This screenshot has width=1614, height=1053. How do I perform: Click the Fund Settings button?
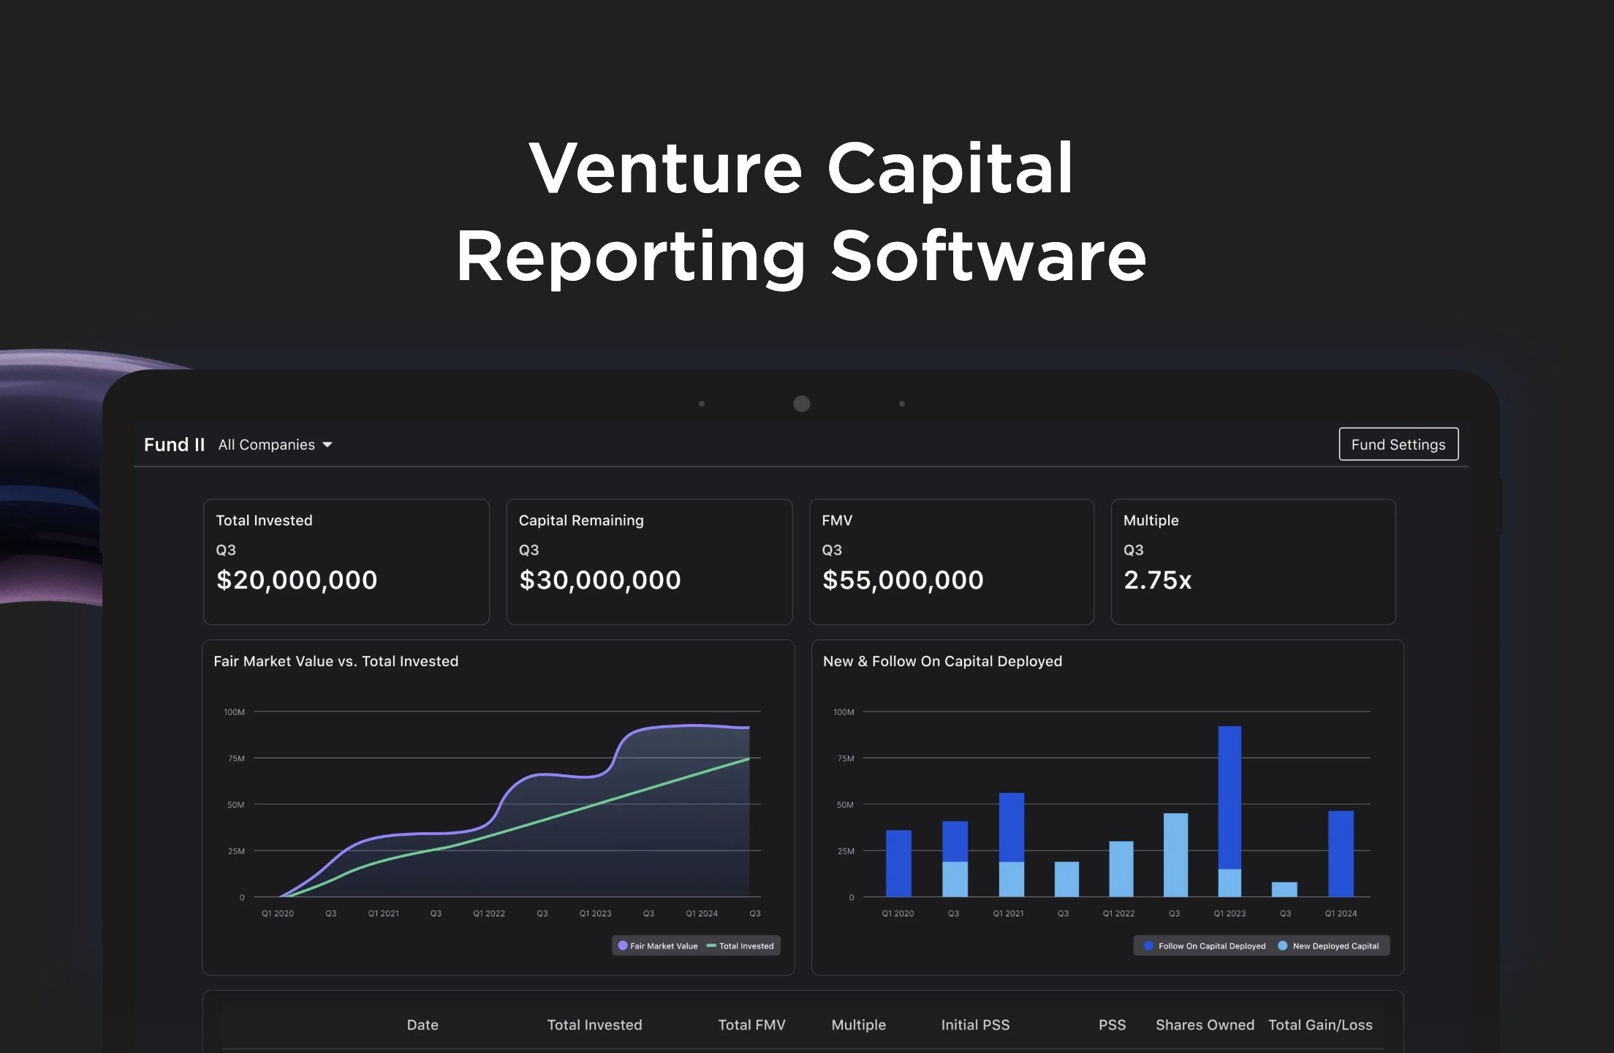[1398, 445]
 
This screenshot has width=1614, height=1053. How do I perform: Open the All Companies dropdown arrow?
[327, 445]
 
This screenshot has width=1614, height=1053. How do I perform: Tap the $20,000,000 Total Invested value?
[297, 580]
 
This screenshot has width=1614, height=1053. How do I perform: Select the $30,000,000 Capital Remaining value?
[599, 580]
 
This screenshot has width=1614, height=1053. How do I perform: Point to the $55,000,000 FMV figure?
[903, 580]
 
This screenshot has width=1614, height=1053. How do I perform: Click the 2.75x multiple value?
[1157, 580]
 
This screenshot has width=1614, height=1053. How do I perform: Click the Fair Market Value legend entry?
[658, 946]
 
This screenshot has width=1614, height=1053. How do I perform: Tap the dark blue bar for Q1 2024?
[1341, 853]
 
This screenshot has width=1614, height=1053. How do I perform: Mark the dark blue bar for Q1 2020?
[898, 863]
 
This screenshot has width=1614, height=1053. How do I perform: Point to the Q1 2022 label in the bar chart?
[1118, 913]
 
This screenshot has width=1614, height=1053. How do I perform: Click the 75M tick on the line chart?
[236, 758]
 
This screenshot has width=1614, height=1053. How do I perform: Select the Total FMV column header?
[751, 1024]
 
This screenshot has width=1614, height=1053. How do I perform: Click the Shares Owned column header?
[1205, 1024]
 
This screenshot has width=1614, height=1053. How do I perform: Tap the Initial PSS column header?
[975, 1024]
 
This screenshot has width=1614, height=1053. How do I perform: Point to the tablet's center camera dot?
[802, 404]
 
